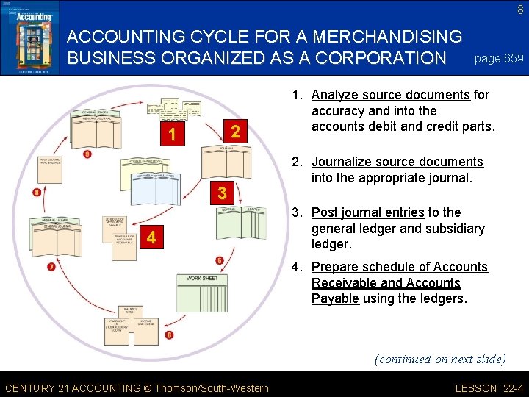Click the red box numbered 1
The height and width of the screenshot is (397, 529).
pyautogui.click(x=172, y=136)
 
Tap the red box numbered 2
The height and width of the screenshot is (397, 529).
pyautogui.click(x=235, y=132)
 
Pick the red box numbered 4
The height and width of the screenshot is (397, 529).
pyautogui.click(x=150, y=237)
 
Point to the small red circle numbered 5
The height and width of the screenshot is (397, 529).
pyautogui.click(x=220, y=260)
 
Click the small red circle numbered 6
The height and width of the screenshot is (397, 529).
pyautogui.click(x=170, y=335)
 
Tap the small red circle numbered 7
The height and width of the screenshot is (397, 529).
pyautogui.click(x=51, y=266)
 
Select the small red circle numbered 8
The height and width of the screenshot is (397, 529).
pyautogui.click(x=37, y=193)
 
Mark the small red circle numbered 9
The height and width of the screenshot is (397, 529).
pyautogui.click(x=87, y=154)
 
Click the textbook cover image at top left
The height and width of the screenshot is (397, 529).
pyautogui.click(x=29, y=37)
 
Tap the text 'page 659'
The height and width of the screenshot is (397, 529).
pyautogui.click(x=500, y=58)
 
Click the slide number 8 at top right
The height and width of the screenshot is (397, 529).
pyautogui.click(x=520, y=10)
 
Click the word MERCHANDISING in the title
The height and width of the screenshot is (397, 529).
pyautogui.click(x=376, y=36)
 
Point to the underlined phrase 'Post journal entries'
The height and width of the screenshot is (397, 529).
pyautogui.click(x=367, y=212)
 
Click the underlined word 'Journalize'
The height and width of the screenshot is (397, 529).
pyautogui.click(x=342, y=162)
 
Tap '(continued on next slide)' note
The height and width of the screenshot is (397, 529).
pyautogui.click(x=440, y=359)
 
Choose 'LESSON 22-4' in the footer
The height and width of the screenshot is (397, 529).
pyautogui.click(x=490, y=388)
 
